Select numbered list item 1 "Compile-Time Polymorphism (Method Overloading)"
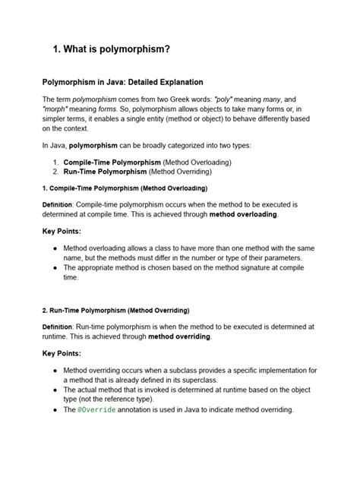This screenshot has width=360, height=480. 147,163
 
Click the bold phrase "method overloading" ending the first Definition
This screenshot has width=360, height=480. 243,215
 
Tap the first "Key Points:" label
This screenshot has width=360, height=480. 62,231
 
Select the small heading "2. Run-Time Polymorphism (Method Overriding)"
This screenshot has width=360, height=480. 116,311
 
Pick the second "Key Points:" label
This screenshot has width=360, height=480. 62,353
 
